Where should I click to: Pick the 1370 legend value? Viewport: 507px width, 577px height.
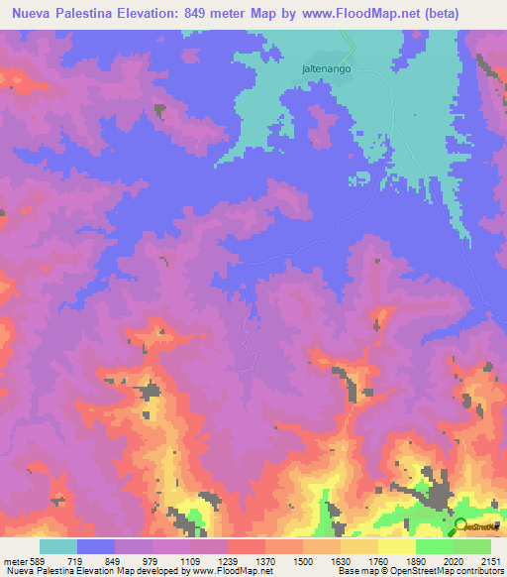(x=266, y=560)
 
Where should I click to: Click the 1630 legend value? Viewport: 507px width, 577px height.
(x=342, y=560)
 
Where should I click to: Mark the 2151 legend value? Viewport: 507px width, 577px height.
(x=490, y=560)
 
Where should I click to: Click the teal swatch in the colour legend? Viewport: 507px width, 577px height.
(x=58, y=546)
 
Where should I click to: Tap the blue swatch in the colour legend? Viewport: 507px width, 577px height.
(x=96, y=546)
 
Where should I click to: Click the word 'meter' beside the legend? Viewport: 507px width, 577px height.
(x=14, y=560)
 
